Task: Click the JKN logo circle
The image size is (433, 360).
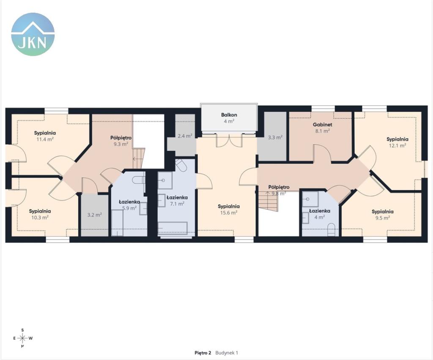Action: pos(33,34)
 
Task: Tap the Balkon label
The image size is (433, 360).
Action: pos(229,115)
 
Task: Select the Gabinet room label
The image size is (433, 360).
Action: pos(322,125)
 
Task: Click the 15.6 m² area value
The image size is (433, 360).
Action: pos(229,212)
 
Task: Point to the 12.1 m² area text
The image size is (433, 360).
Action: pos(397,146)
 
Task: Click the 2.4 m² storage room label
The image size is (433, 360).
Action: pos(185,136)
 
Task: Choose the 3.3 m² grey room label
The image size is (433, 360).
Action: pos(275,137)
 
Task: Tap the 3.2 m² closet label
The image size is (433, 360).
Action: pos(95,214)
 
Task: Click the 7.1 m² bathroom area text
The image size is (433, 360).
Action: pos(177,204)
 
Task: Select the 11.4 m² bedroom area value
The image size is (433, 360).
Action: pos(45,139)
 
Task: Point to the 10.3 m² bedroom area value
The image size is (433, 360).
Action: pos(40,217)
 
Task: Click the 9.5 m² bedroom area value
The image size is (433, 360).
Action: pos(382,218)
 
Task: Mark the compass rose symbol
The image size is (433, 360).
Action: pos(23,338)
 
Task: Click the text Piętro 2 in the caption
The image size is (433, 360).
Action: pos(203,353)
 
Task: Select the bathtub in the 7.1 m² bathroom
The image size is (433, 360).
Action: pos(173,228)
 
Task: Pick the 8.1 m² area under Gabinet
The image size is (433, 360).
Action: pos(322,131)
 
